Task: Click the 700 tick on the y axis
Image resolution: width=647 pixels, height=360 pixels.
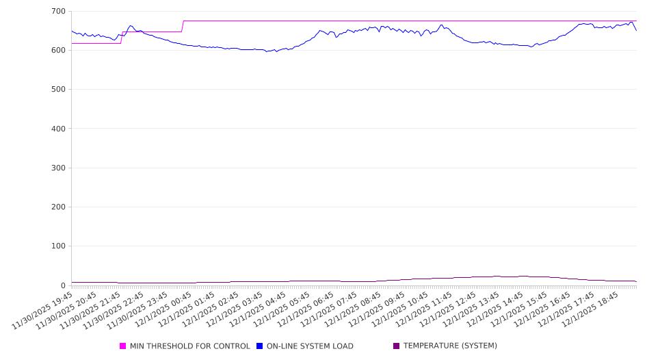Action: [58, 12]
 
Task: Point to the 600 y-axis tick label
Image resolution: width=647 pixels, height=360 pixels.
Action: [58, 51]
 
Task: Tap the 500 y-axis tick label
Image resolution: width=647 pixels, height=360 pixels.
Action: [58, 90]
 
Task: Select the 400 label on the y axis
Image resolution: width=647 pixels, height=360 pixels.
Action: [58, 129]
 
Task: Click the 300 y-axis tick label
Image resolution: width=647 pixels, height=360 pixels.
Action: [58, 168]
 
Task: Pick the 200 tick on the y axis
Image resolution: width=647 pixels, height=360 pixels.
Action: [58, 207]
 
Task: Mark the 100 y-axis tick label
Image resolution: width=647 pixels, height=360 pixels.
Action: [58, 246]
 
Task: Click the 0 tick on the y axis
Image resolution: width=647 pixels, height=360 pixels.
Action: [62, 285]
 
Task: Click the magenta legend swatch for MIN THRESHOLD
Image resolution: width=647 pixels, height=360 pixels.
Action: [123, 346]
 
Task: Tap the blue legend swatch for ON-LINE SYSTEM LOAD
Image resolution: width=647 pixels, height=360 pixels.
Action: [260, 346]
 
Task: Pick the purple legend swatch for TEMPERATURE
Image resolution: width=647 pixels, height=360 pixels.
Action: [397, 346]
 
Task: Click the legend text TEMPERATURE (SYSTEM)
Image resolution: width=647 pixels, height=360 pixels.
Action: [450, 346]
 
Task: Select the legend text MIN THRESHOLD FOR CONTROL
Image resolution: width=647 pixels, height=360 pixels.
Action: [189, 346]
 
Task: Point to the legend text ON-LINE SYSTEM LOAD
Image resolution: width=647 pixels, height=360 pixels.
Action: [310, 346]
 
